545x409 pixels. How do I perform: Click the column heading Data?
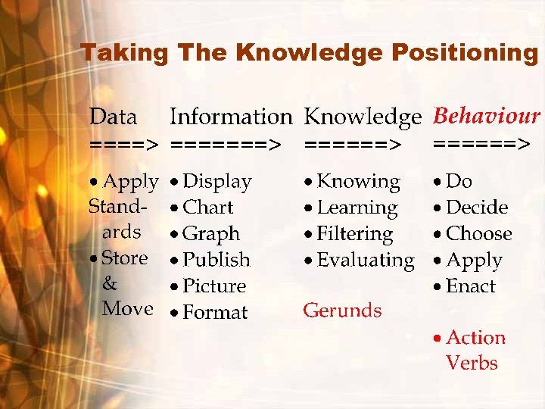tap(113, 117)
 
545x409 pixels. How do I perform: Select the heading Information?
tap(230, 117)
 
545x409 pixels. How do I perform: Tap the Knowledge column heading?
tap(362, 117)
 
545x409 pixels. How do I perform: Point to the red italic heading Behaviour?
tap(485, 116)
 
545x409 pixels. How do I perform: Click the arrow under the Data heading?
tap(123, 142)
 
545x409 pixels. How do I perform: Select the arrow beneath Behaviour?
tap(480, 142)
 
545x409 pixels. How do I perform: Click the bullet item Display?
tap(216, 182)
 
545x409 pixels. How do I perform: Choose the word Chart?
tap(208, 208)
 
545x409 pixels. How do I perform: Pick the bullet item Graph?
tap(211, 234)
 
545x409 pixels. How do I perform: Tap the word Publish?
tap(216, 260)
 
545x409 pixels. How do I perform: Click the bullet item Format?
tap(215, 312)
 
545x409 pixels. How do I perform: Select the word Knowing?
tap(358, 182)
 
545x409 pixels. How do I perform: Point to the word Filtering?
tap(355, 234)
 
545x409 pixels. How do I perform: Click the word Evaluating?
tap(366, 260)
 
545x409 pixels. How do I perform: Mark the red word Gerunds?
tap(342, 310)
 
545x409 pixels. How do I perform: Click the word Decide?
tap(477, 208)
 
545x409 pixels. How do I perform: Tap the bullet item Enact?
tap(471, 286)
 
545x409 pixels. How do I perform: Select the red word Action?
tap(475, 338)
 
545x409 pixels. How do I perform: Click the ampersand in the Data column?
tap(110, 284)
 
